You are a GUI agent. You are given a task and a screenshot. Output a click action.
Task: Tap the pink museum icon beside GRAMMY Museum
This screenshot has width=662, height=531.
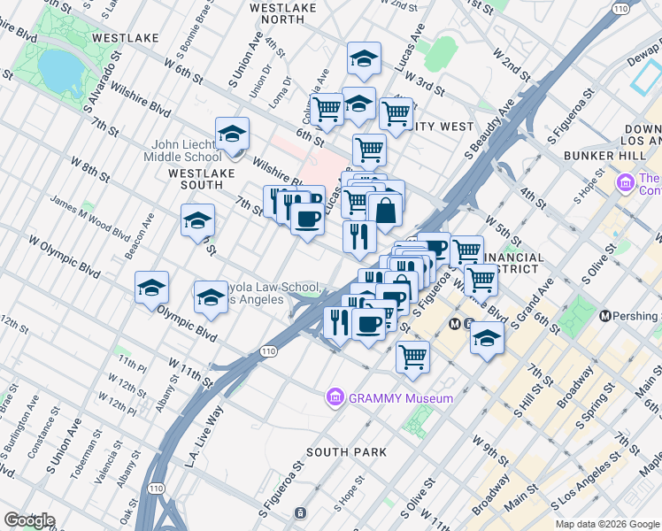click(335, 398)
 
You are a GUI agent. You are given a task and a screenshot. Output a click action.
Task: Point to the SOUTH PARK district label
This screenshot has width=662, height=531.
click(346, 452)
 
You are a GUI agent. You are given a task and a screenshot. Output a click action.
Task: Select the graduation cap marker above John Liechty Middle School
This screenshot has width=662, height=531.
click(232, 135)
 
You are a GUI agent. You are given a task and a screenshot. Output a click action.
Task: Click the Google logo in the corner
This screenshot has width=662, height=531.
click(28, 520)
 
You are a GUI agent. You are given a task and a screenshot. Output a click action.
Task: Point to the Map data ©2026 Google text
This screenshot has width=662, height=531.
click(606, 524)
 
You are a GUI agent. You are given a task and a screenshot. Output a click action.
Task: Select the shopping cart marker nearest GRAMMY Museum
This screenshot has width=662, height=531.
click(412, 357)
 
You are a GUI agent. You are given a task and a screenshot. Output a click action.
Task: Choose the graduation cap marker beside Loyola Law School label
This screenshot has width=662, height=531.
click(211, 298)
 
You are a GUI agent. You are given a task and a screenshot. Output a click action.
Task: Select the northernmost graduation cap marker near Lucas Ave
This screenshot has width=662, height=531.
click(362, 59)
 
